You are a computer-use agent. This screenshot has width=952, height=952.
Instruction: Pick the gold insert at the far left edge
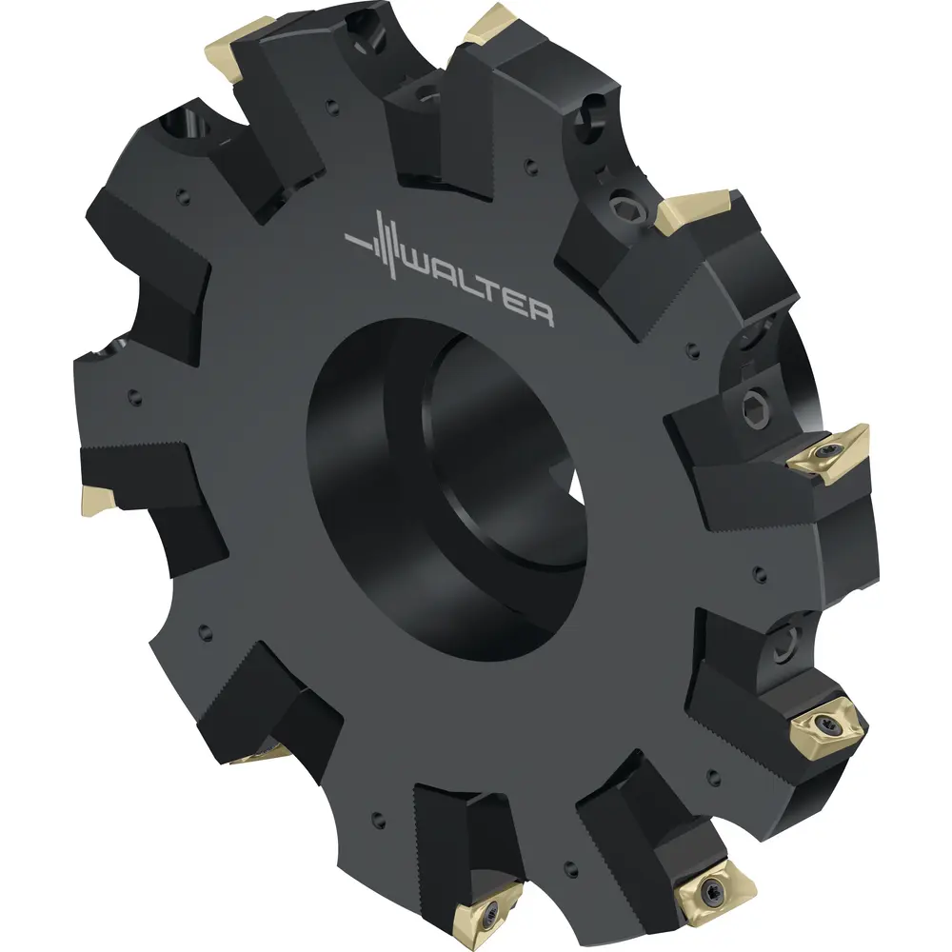click(97, 499)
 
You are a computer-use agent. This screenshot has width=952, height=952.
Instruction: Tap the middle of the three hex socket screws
click(756, 405)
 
